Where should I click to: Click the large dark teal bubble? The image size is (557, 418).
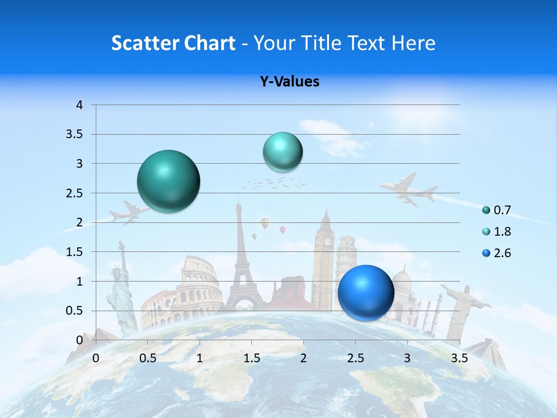(x=169, y=181)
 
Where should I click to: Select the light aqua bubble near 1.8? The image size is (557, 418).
(x=283, y=152)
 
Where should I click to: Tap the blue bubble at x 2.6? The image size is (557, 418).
(x=366, y=293)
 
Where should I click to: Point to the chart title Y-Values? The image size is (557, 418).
(x=289, y=82)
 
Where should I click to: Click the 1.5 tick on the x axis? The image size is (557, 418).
(x=251, y=358)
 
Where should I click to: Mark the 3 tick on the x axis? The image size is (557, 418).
(x=407, y=358)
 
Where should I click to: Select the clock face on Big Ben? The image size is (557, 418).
(x=328, y=242)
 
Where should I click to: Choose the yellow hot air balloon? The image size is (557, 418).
(x=265, y=222)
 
